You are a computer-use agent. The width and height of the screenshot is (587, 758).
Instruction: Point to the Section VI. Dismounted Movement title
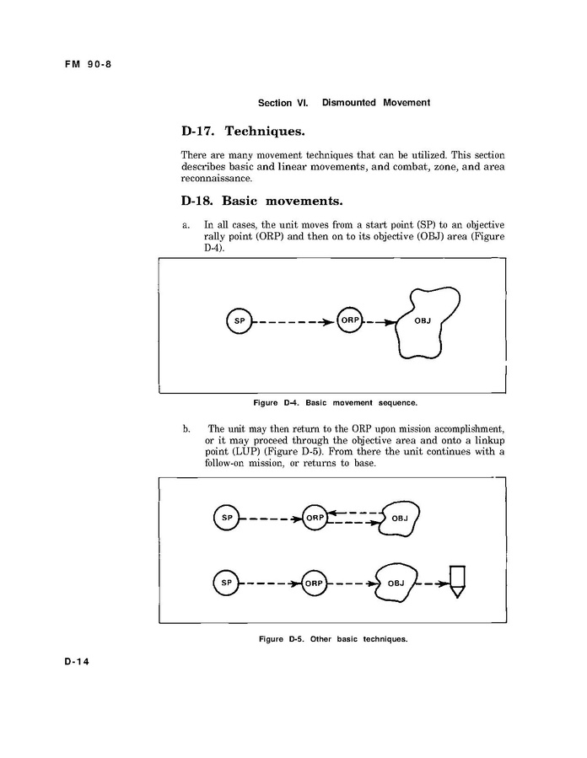click(x=343, y=103)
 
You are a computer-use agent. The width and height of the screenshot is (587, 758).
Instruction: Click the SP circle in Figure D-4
click(x=240, y=321)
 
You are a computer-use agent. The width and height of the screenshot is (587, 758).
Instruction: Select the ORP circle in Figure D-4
click(x=348, y=320)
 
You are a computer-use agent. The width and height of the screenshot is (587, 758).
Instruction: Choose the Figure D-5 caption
click(x=333, y=638)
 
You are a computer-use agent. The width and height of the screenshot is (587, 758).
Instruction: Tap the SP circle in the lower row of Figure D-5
click(x=226, y=583)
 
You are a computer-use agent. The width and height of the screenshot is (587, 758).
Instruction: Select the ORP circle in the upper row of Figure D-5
click(x=315, y=518)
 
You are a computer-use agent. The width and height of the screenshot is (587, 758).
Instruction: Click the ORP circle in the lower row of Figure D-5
click(x=314, y=583)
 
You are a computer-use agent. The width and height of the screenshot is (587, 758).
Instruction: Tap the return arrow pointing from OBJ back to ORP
click(x=354, y=512)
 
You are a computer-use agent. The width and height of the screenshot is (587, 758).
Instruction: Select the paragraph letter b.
click(x=186, y=429)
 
